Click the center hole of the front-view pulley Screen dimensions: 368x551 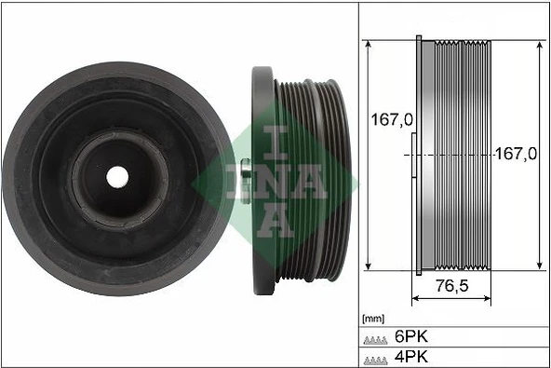tap(116, 175)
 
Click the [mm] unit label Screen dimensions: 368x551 tap(372, 318)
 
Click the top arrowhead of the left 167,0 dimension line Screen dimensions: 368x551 tap(371, 45)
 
